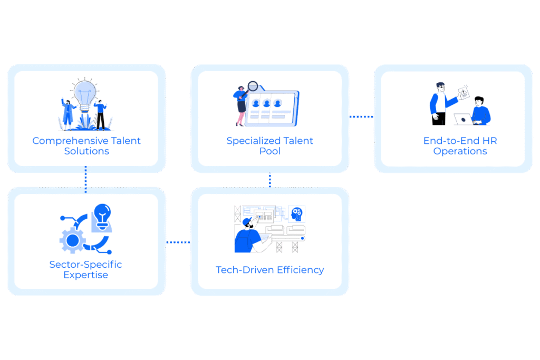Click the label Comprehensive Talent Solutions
coord(86,146)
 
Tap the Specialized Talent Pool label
coord(269,146)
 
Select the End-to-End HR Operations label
coord(460,146)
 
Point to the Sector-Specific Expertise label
coord(85,269)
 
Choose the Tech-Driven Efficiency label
coord(269,270)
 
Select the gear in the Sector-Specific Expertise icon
coord(72,240)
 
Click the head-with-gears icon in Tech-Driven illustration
coord(296,214)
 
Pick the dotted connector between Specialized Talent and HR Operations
coord(361,116)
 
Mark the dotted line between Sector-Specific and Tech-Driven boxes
coord(178,242)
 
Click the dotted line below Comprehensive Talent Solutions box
coord(86,179)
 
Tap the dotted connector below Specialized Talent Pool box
coord(269,180)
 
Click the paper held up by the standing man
coord(464,93)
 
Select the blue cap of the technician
coord(247,222)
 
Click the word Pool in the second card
coord(269,151)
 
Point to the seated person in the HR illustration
coord(481,111)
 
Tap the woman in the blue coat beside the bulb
coord(68,114)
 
